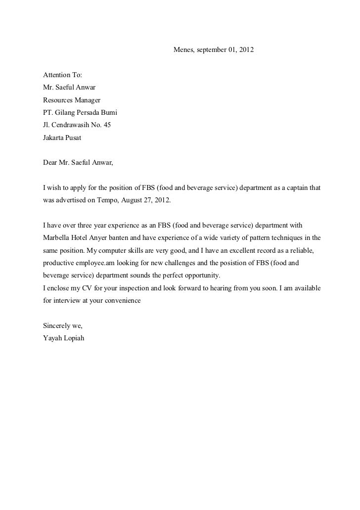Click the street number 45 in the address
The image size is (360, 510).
point(106,125)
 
